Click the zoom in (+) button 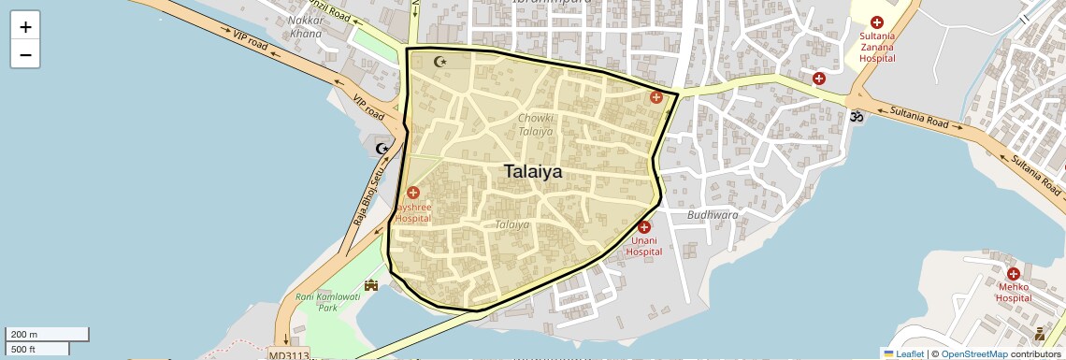[x=25, y=27]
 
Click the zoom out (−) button [x=25, y=54]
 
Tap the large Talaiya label [x=533, y=172]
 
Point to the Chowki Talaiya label [x=536, y=125]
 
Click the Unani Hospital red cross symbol [x=643, y=227]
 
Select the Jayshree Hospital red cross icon [x=413, y=192]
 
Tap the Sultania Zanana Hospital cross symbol [x=877, y=22]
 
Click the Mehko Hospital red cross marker [x=1013, y=274]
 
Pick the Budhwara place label [x=713, y=214]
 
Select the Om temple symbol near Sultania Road [x=855, y=117]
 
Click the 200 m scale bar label [x=23, y=334]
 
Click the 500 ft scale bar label [x=23, y=349]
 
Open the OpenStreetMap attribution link [x=973, y=353]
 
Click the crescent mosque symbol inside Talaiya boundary [x=442, y=62]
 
